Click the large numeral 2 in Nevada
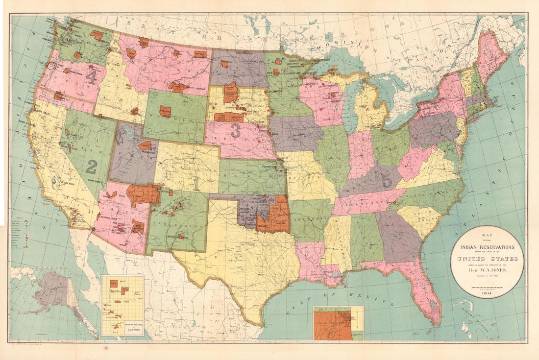click(x=91, y=166)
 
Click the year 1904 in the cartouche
click(x=487, y=292)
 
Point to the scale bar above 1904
click(x=487, y=288)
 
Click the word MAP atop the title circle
click(x=487, y=234)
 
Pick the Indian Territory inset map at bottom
click(x=338, y=323)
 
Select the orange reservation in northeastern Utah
click(x=146, y=145)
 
